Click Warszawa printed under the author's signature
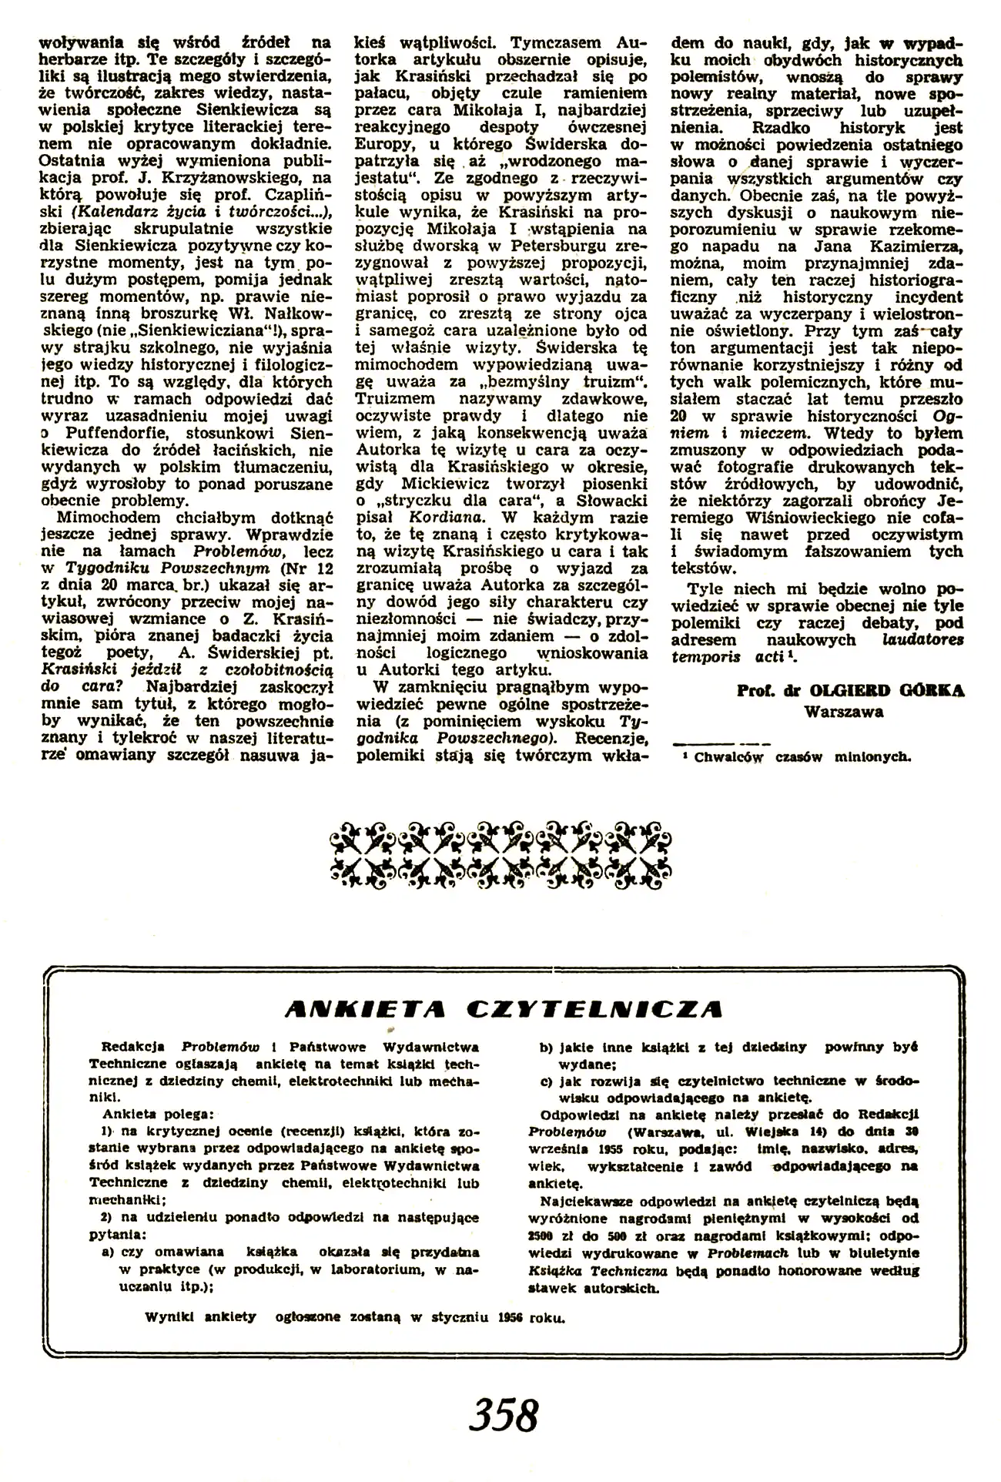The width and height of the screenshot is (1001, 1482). point(843,712)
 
